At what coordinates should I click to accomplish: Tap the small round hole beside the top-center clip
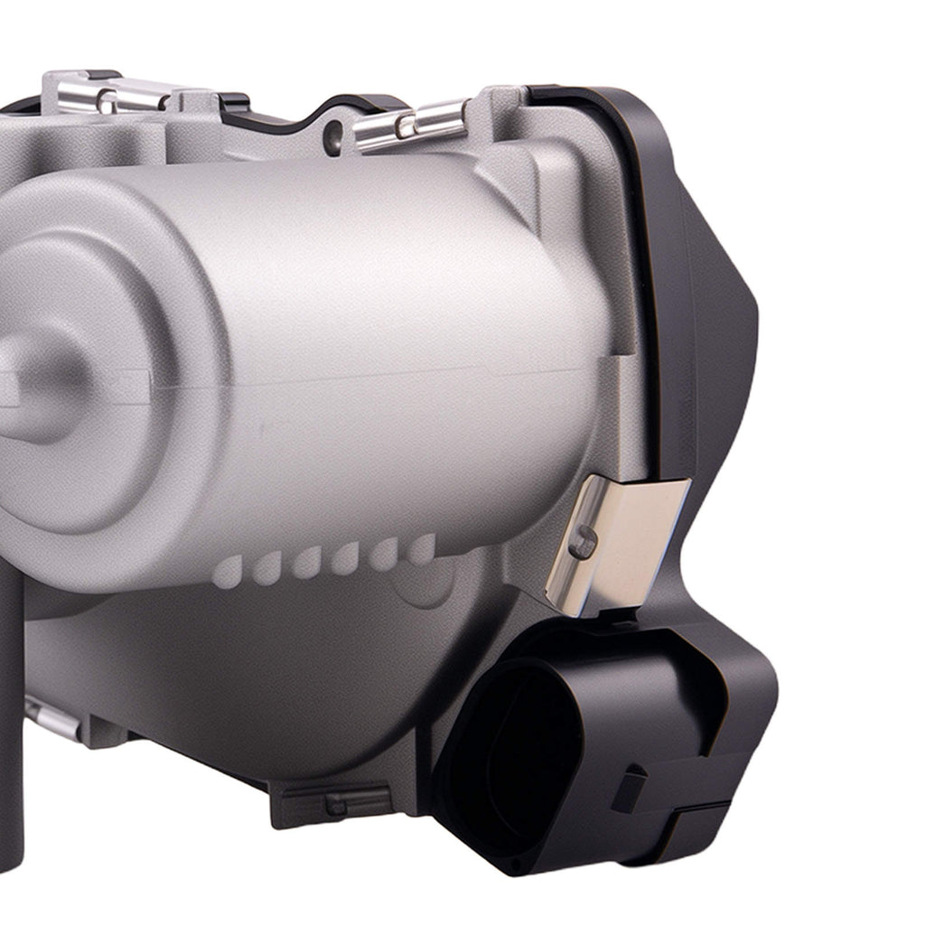pyautogui.click(x=335, y=135)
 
